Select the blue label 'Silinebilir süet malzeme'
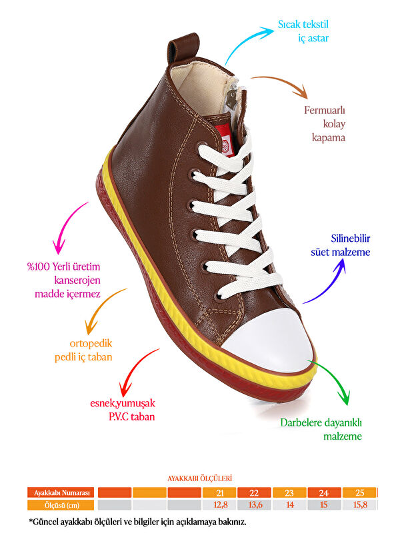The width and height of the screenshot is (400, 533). coord(341,245)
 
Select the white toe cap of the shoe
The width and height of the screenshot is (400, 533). coord(271,336)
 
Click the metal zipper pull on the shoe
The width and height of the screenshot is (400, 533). coord(232,99)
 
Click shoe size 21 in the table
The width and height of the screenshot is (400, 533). coord(219,493)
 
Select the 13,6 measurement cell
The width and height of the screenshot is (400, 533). coord(254,505)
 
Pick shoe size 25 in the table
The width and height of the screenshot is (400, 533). coord(360,493)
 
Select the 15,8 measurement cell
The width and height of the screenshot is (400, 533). coord(360,505)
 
